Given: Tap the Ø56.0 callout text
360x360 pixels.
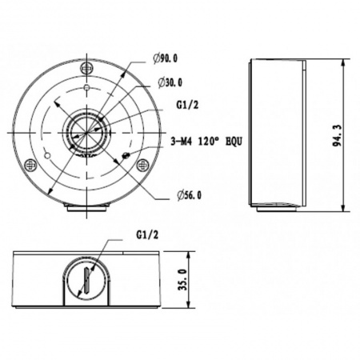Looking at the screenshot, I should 189,194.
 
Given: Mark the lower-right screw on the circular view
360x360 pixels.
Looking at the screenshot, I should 142,165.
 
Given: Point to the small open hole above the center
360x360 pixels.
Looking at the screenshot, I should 86,86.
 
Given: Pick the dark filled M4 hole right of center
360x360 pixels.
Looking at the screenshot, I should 126,155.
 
